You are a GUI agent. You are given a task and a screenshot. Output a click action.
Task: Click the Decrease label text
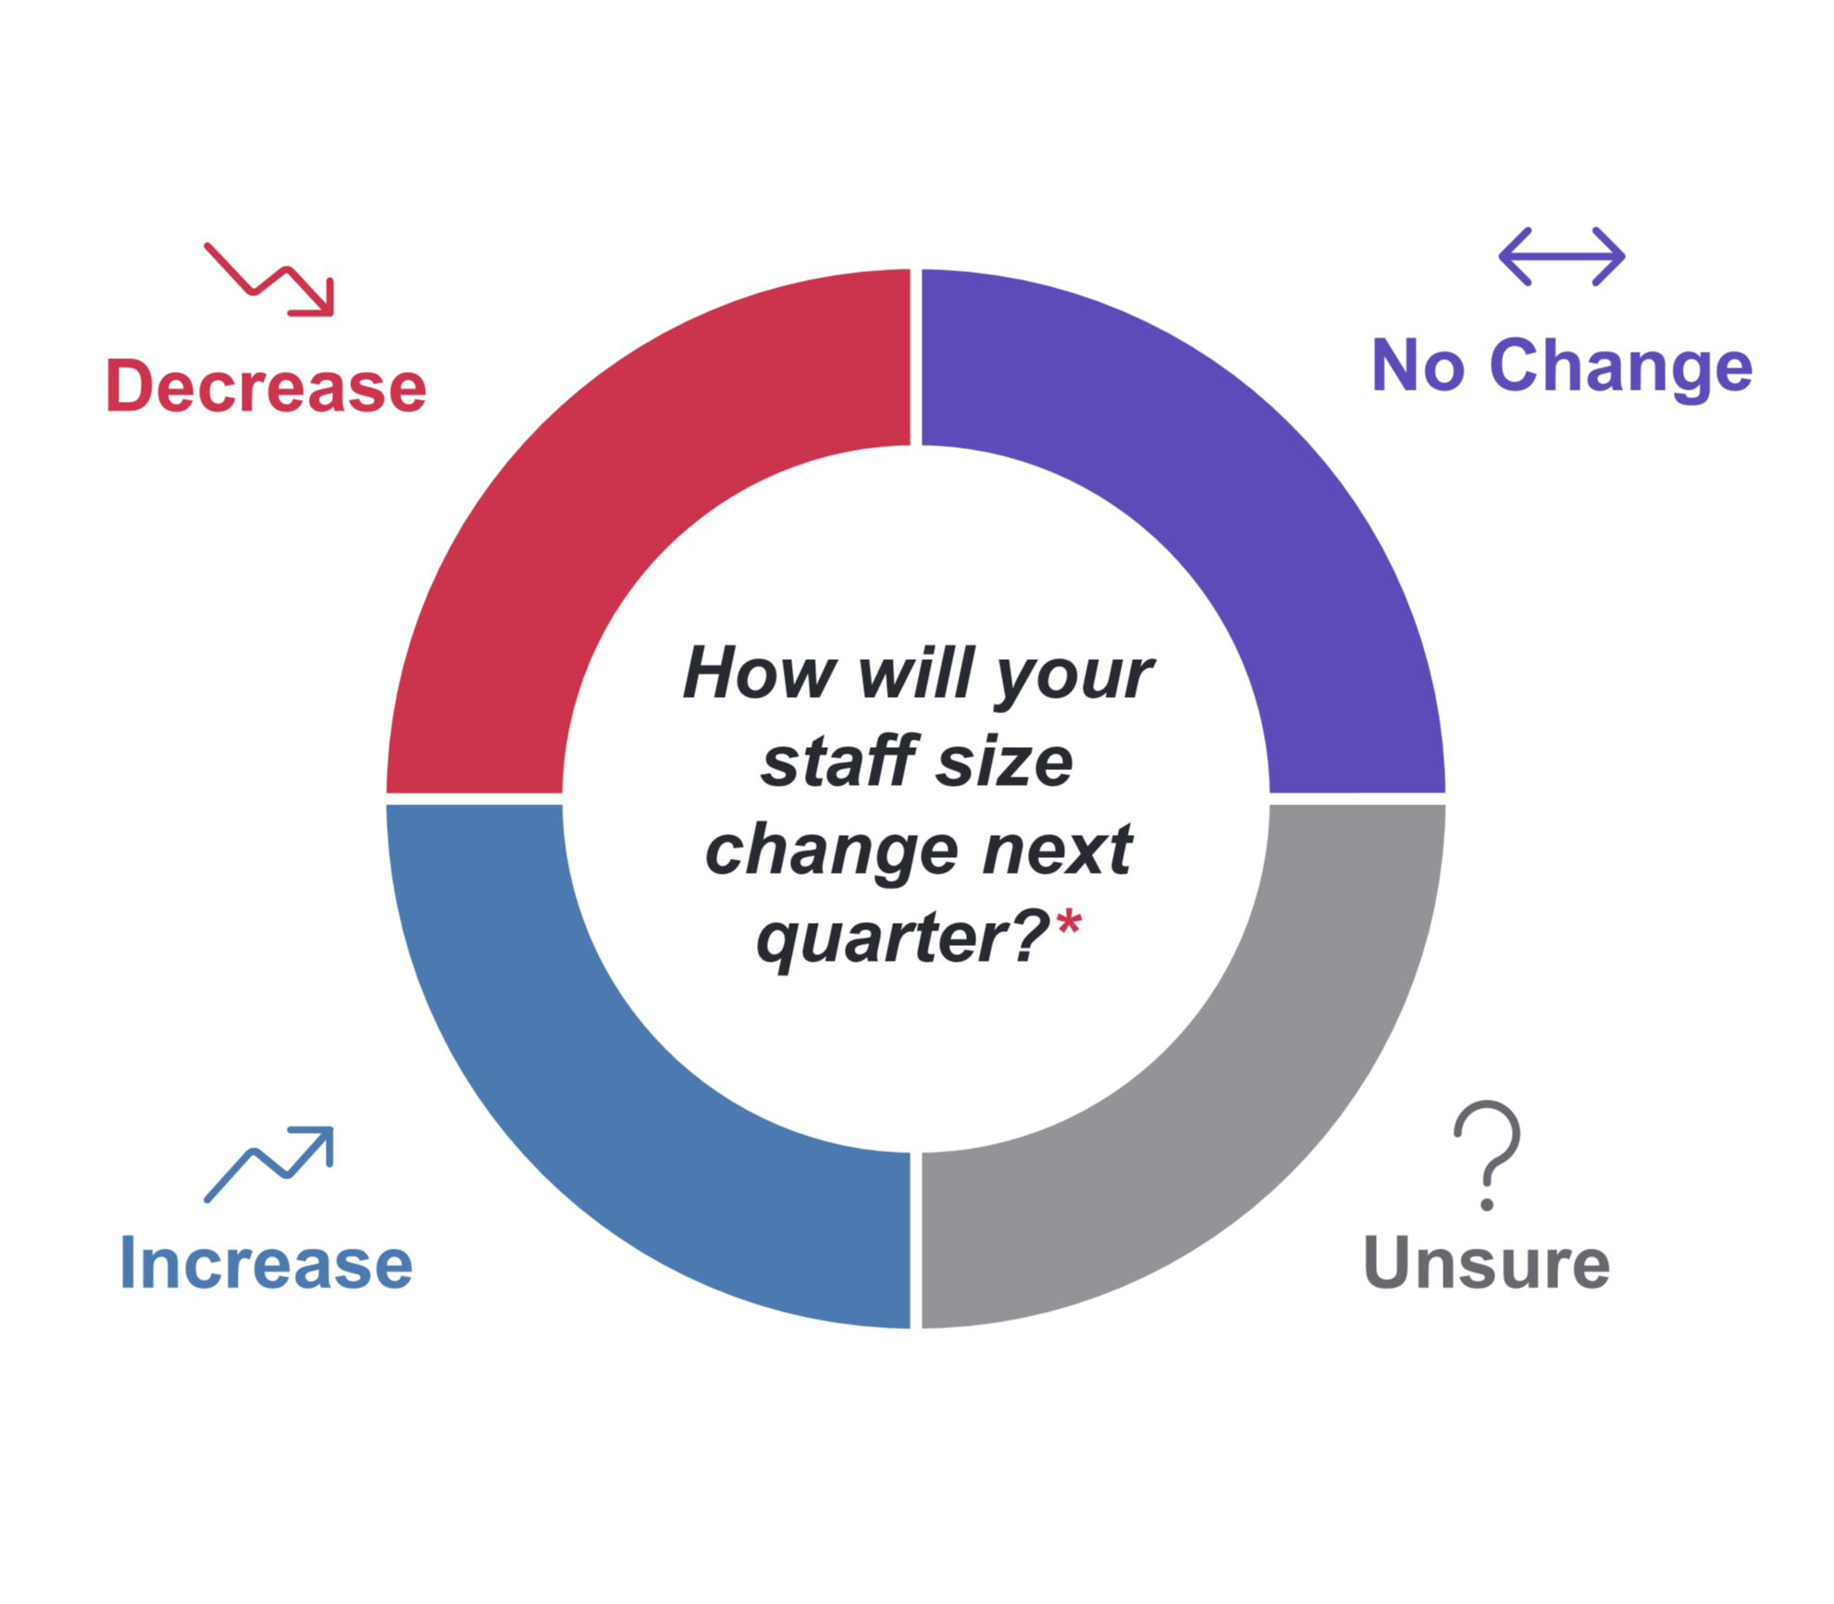point(266,386)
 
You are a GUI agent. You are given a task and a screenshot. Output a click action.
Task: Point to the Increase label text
point(266,1262)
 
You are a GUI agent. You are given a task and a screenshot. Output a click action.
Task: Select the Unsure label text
point(1486,1262)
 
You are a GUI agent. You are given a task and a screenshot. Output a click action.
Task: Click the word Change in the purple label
point(1621,367)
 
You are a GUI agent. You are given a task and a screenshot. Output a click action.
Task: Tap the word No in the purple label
point(1418,365)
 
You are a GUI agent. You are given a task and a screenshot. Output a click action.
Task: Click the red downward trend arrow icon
point(268,280)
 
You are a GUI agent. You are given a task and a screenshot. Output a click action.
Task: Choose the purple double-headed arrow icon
point(1562,256)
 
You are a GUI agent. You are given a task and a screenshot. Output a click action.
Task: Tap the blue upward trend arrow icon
point(268,1164)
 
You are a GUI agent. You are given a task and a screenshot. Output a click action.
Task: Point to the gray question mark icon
point(1487,1155)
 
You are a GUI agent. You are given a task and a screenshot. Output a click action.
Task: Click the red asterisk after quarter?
point(1069,922)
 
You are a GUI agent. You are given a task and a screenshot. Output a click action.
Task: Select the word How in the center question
point(759,673)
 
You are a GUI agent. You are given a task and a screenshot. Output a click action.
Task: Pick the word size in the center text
point(1004,762)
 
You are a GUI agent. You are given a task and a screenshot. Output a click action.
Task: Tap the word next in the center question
point(1058,850)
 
